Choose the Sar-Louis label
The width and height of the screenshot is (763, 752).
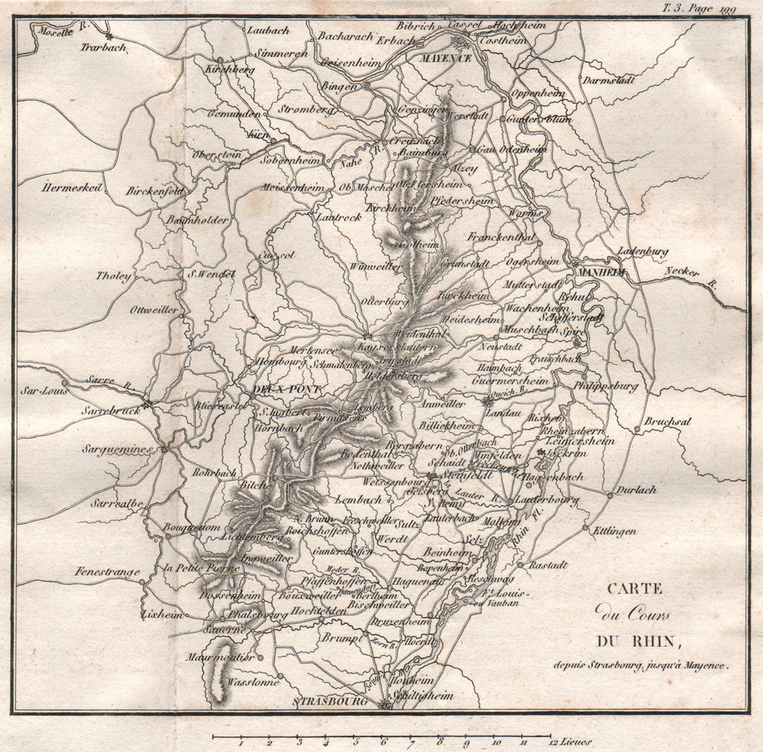[44, 390]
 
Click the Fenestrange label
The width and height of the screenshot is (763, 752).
[108, 571]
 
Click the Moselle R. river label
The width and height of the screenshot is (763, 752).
[53, 30]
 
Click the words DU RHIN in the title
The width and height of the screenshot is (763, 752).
[632, 641]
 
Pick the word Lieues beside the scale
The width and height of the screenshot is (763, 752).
[578, 741]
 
